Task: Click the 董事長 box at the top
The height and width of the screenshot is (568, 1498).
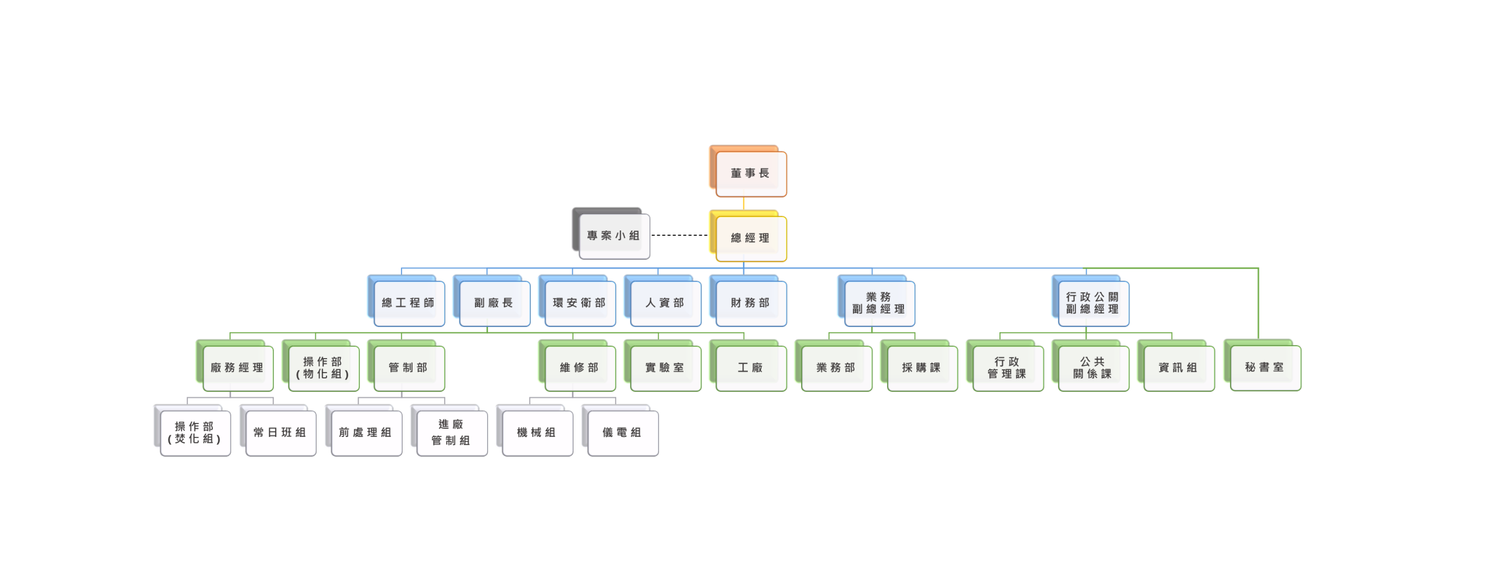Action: coord(750,174)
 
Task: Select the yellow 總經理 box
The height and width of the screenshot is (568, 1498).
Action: coord(750,239)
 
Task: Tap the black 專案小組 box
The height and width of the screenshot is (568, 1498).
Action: coord(613,236)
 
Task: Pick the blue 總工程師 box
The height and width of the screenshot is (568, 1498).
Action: coord(408,304)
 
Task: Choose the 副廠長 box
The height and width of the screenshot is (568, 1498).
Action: coord(494,304)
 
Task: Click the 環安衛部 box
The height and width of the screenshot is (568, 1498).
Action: coord(579,304)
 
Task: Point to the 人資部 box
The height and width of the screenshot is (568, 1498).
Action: coord(665,304)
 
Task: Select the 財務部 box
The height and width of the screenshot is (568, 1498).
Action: coord(750,304)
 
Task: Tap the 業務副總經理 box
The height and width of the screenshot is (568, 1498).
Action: coord(878,304)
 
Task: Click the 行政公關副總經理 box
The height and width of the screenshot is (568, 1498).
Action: coord(1092,304)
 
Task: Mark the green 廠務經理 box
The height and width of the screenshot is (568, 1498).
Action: coord(237,368)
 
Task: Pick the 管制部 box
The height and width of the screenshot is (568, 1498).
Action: coord(408,368)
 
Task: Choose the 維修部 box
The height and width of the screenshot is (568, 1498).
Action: coord(579,368)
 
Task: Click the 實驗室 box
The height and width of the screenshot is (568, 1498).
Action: coord(665,368)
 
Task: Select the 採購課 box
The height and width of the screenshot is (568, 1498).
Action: coord(921,368)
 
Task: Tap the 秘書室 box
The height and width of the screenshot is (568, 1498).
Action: coord(1265,368)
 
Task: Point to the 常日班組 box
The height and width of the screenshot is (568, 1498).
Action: coord(280,433)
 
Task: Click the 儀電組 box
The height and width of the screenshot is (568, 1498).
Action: coord(622,433)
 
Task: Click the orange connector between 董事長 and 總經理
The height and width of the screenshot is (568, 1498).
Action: coord(744,204)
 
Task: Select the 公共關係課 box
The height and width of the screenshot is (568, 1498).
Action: coord(1092,368)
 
